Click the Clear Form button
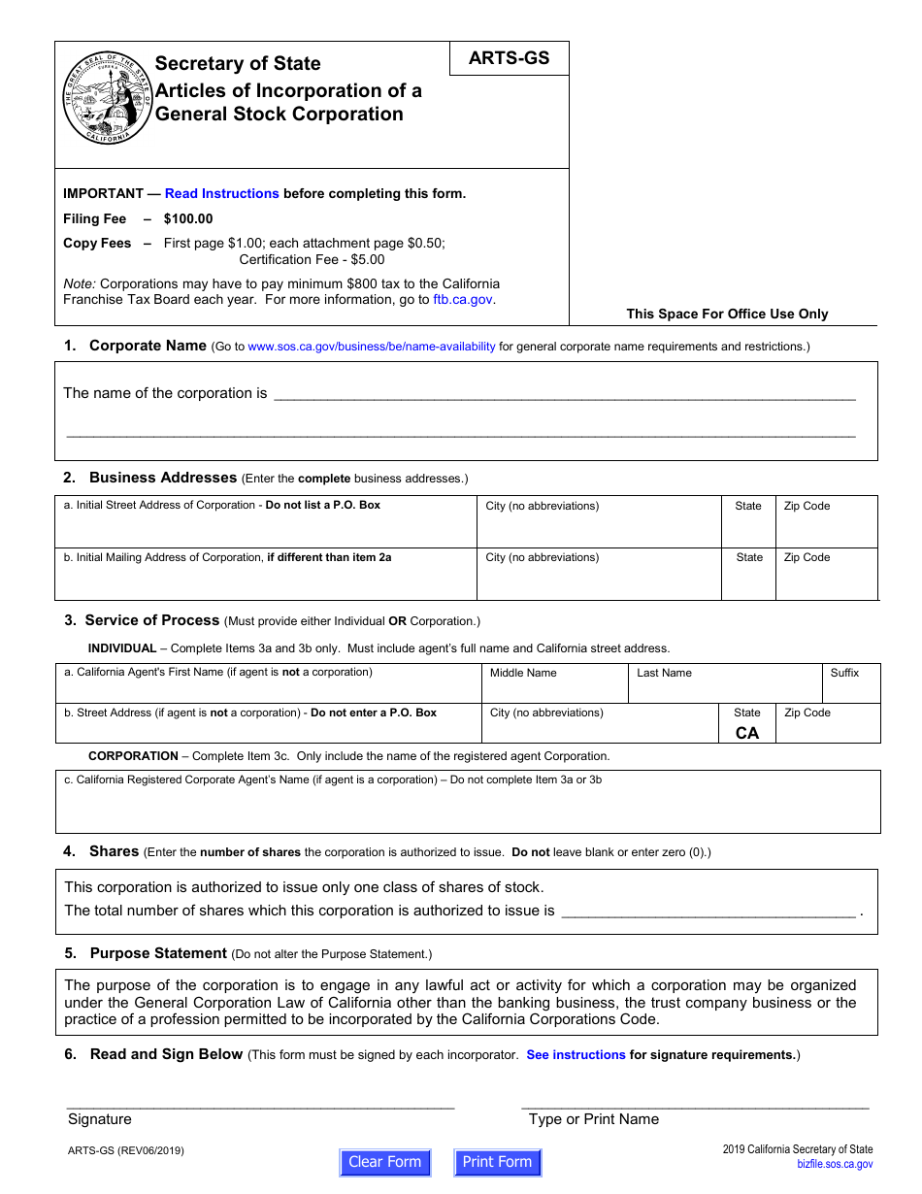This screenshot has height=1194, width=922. [x=385, y=1162]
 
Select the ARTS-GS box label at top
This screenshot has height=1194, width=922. [x=509, y=58]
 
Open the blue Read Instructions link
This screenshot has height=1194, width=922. [x=222, y=193]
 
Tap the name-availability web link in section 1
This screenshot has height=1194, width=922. [x=372, y=347]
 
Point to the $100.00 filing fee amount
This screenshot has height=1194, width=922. [x=188, y=218]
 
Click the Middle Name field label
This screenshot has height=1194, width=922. [x=523, y=673]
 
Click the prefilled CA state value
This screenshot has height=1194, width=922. [x=747, y=733]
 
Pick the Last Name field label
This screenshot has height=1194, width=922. [x=664, y=673]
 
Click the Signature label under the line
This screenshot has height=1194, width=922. [x=99, y=1119]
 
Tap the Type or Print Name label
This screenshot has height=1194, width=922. [x=594, y=1119]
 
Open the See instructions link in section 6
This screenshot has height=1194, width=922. [x=576, y=1055]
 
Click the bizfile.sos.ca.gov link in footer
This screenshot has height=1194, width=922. [x=835, y=1164]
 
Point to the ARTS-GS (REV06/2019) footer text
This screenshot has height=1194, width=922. [x=126, y=1151]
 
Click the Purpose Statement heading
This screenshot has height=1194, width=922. [x=158, y=953]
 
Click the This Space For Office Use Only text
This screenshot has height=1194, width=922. [x=727, y=314]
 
